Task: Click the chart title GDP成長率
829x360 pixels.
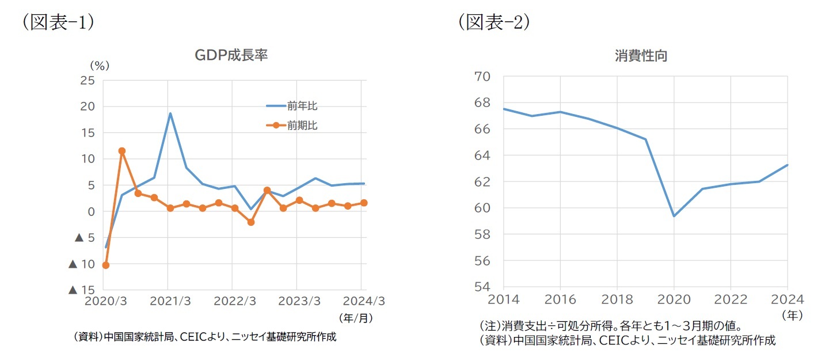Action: pyautogui.click(x=231, y=55)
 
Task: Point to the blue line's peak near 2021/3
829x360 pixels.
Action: pyautogui.click(x=170, y=113)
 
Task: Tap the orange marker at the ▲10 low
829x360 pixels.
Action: pyautogui.click(x=105, y=265)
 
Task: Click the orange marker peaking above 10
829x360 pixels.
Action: pyautogui.click(x=121, y=151)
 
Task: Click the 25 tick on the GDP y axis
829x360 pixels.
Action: pyautogui.click(x=88, y=80)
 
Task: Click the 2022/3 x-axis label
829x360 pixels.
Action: pyautogui.click(x=232, y=301)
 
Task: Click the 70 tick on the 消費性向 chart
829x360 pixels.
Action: pyautogui.click(x=481, y=77)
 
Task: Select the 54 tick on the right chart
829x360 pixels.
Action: pyautogui.click(x=481, y=287)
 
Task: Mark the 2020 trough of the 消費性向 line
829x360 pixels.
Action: pyautogui.click(x=674, y=216)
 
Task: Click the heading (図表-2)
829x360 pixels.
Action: pyautogui.click(x=494, y=22)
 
